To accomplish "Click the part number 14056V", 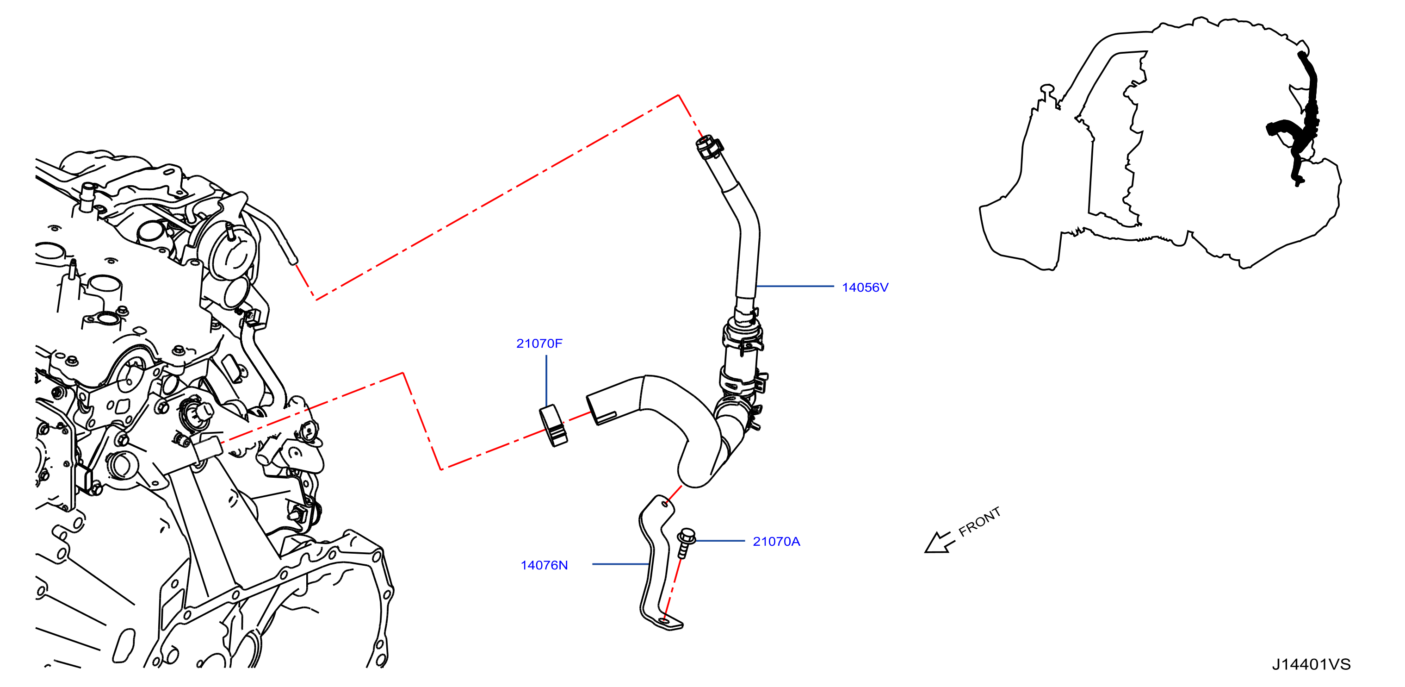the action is [865, 287].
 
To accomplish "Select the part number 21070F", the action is [539, 343].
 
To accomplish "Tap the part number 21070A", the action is [776, 541].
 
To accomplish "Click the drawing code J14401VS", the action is [1311, 664].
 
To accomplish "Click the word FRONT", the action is [979, 522].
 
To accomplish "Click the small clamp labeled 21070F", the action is [553, 425].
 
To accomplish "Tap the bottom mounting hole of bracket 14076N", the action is [664, 621].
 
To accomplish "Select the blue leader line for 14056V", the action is [795, 286].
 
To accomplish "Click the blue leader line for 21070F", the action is [546, 381].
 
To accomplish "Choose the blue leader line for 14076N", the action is [621, 564].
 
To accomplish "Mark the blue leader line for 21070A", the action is [720, 541].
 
